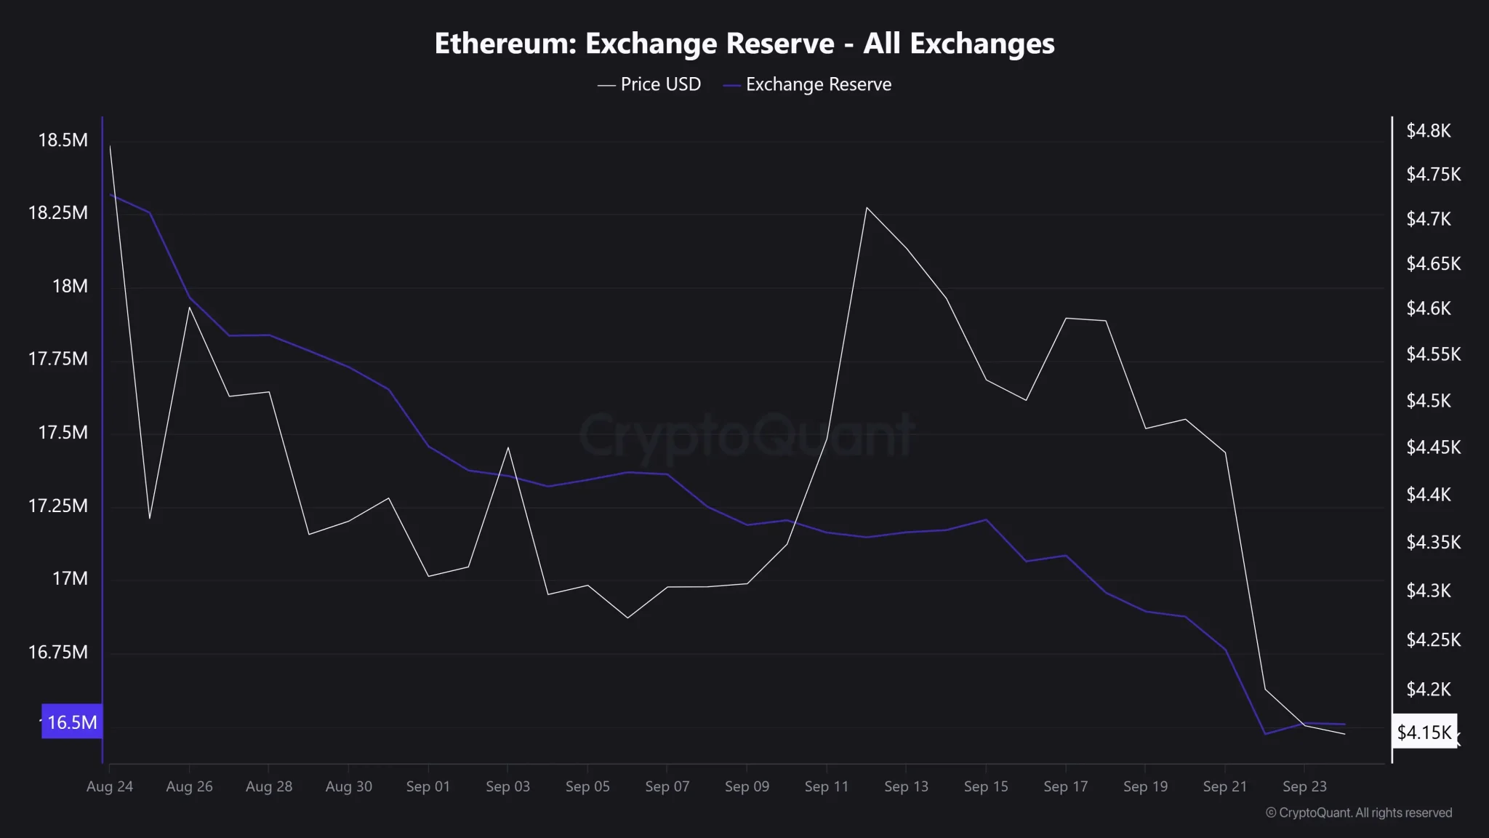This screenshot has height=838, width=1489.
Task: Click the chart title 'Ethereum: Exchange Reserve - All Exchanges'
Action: click(744, 44)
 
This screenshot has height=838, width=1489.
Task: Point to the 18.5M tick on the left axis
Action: click(63, 140)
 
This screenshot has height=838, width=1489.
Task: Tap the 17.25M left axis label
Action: click(58, 506)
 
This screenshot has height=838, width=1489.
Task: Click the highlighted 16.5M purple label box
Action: click(72, 722)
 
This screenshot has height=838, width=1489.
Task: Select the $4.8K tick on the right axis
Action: click(1428, 131)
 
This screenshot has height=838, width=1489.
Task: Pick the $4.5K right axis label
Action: click(1428, 401)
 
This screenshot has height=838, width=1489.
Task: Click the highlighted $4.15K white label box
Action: click(1424, 732)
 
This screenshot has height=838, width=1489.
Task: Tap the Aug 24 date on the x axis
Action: click(110, 786)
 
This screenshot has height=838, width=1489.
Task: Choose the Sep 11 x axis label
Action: click(826, 786)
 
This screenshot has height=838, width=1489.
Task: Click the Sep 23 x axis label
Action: click(1304, 786)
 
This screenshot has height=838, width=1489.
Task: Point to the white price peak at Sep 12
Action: click(867, 207)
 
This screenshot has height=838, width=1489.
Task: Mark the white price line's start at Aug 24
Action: click(110, 145)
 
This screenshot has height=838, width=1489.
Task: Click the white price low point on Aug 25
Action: click(150, 518)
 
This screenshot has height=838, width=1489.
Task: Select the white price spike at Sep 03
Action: click(508, 447)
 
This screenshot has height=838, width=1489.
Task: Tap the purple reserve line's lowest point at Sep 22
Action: click(1265, 733)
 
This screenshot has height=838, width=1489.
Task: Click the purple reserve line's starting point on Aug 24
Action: click(110, 194)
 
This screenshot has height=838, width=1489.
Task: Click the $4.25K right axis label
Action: click(1433, 640)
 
